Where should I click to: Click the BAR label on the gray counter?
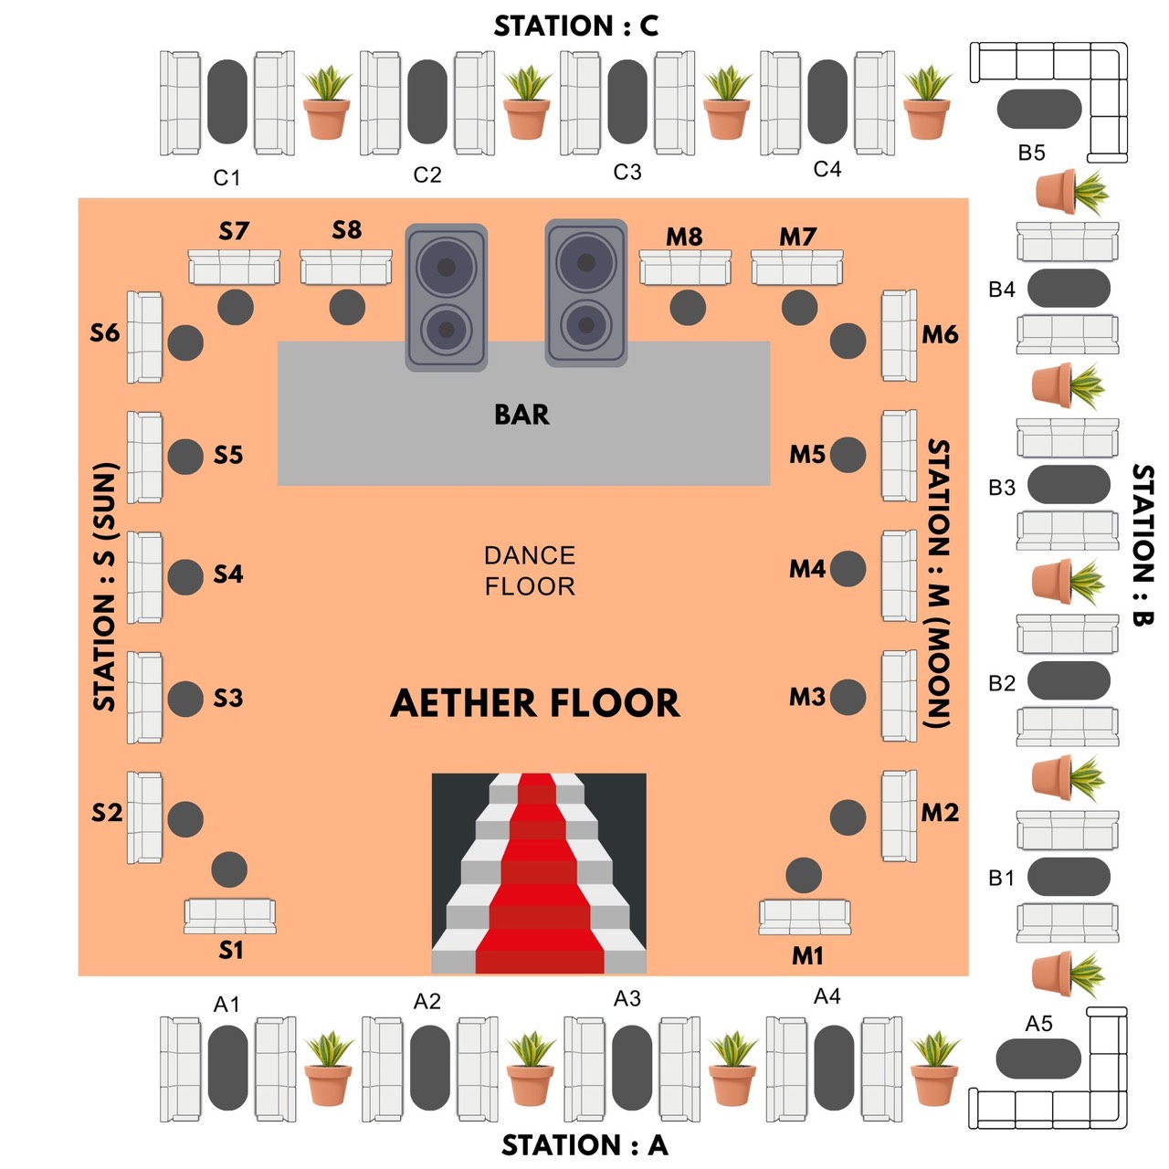click(x=521, y=415)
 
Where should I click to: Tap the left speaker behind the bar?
click(x=446, y=297)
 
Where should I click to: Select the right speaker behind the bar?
click(x=586, y=292)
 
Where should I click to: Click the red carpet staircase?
click(x=539, y=874)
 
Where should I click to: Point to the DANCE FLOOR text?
click(x=530, y=571)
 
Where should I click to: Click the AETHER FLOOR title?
click(x=535, y=703)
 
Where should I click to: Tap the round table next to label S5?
click(x=185, y=457)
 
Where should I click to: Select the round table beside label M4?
click(x=848, y=569)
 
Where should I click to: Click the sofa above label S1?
click(x=230, y=915)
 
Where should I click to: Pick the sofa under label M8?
click(x=685, y=268)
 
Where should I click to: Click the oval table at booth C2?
click(x=427, y=101)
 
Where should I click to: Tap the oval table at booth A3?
click(x=632, y=1068)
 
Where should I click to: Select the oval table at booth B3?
click(x=1069, y=484)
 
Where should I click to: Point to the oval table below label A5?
click(x=1038, y=1059)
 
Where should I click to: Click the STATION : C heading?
click(x=576, y=26)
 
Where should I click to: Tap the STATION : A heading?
click(x=584, y=1145)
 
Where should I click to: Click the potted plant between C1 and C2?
click(x=327, y=103)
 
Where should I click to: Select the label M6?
click(x=940, y=335)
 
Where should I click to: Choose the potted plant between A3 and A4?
click(x=733, y=1068)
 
